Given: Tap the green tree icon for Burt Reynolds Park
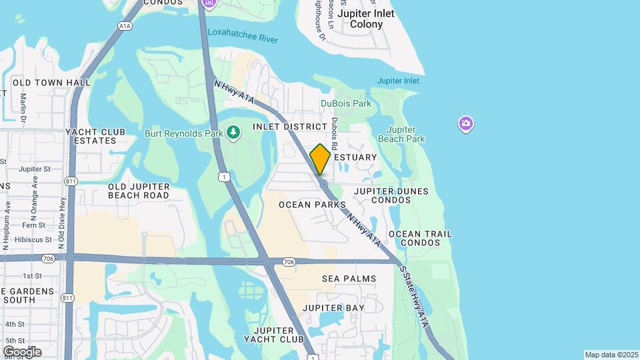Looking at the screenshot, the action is click(233, 133).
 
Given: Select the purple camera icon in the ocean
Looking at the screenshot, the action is click(466, 124).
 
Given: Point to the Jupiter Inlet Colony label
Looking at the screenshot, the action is click(366, 19).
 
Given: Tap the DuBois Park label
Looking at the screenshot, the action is click(345, 103).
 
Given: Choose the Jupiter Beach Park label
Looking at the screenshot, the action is click(401, 134).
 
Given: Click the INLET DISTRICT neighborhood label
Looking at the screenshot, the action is click(290, 127).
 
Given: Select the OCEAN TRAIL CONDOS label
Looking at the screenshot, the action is click(420, 238).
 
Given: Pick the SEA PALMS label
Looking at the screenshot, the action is click(349, 279).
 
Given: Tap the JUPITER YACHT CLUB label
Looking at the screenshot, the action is click(274, 335).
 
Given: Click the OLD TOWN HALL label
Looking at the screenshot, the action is click(51, 83).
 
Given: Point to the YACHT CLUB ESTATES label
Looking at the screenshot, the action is click(95, 136).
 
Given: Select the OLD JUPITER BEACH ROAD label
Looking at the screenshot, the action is click(139, 191).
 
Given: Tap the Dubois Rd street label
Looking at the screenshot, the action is click(335, 133).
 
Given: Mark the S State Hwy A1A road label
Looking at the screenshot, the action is click(415, 295).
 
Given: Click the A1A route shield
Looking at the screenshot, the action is click(125, 26).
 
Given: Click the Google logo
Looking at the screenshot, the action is click(22, 351).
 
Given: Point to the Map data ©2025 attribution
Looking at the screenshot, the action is click(611, 355).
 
